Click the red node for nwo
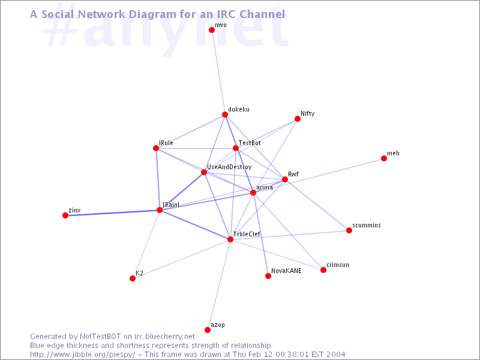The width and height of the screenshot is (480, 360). pyautogui.click(x=212, y=29)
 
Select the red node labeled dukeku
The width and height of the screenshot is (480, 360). pyautogui.click(x=224, y=115)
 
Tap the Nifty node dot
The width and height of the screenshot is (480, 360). pyautogui.click(x=297, y=119)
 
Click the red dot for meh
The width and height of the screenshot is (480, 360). pyautogui.click(x=383, y=158)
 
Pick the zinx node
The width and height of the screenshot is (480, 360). pyautogui.click(x=65, y=215)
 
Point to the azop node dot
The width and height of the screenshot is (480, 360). pyautogui.click(x=208, y=329)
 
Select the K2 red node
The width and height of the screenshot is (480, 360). pyautogui.click(x=133, y=278)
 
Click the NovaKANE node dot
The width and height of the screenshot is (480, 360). pyautogui.click(x=268, y=276)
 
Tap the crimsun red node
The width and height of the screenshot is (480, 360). pyautogui.click(x=323, y=269)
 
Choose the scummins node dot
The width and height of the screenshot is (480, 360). pyautogui.click(x=349, y=230)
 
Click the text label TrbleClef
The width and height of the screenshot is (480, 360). pyautogui.click(x=247, y=234)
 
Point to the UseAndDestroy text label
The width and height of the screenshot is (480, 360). pyautogui.click(x=229, y=167)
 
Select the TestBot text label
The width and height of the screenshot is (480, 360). pyautogui.click(x=250, y=143)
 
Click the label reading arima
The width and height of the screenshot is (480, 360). pyautogui.click(x=265, y=187)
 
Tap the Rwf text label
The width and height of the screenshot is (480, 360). pyautogui.click(x=293, y=174)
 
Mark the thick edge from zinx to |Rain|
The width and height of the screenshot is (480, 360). pyautogui.click(x=112, y=213)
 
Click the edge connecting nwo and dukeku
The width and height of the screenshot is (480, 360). pyautogui.click(x=218, y=72)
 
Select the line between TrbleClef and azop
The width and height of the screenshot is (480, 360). pyautogui.click(x=219, y=284)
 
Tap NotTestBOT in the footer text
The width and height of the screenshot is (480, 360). pyautogui.click(x=100, y=337)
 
